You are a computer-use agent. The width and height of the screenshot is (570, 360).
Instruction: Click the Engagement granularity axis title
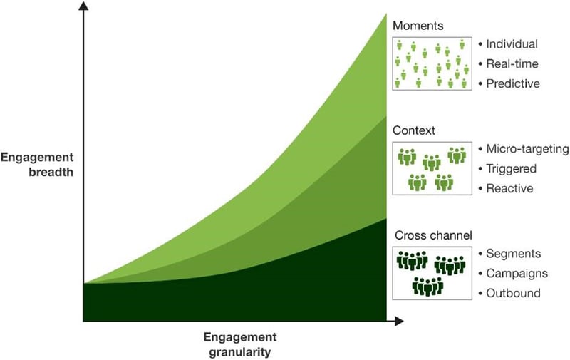[x=239, y=344]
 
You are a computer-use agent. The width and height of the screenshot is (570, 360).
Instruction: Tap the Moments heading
[x=418, y=26]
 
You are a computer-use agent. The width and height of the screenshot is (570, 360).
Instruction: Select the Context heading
[x=413, y=130]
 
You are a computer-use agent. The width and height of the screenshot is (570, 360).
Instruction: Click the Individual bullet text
[x=512, y=44]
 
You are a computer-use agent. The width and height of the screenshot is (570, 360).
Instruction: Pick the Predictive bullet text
[x=513, y=83]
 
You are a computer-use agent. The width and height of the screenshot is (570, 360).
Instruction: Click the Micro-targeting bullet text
[x=527, y=149]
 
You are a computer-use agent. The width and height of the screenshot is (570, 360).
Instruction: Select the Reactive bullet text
[x=509, y=188]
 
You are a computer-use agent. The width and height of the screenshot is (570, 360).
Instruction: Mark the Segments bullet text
[x=512, y=254]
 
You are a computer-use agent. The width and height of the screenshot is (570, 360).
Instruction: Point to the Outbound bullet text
[x=512, y=293]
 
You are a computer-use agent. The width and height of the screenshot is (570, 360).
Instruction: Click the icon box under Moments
[x=433, y=63]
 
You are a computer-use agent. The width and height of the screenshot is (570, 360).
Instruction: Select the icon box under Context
[x=433, y=169]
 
